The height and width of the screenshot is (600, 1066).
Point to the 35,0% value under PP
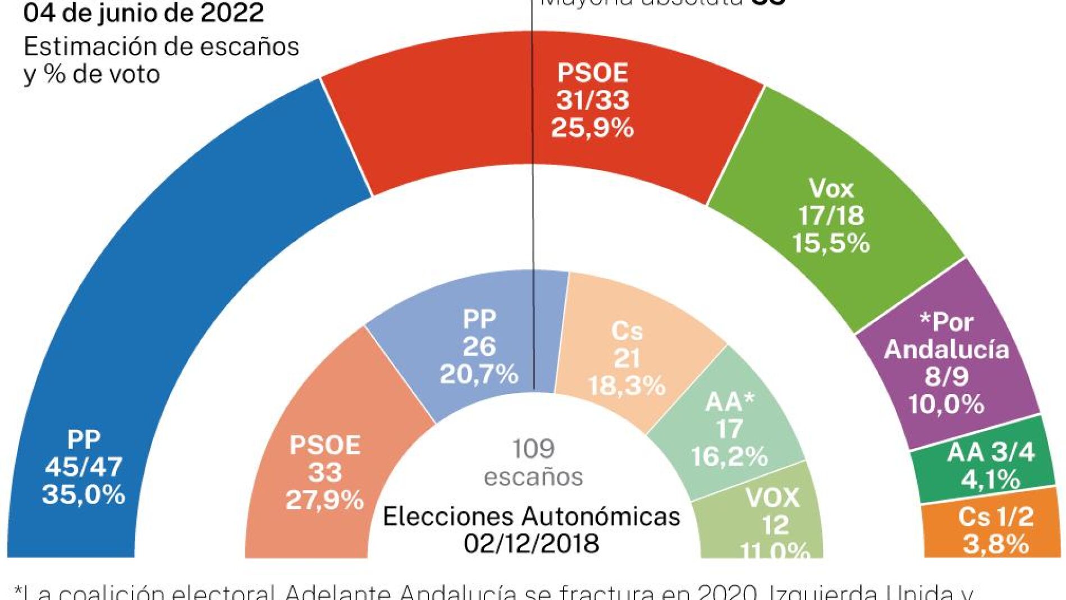click(x=84, y=494)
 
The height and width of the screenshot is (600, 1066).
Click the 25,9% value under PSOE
click(x=592, y=128)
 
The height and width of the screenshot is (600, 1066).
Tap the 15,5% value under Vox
click(x=831, y=243)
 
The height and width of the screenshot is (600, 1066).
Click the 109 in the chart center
click(x=533, y=448)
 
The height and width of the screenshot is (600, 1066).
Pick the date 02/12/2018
click(x=531, y=543)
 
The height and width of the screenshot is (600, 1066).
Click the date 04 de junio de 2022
click(x=144, y=13)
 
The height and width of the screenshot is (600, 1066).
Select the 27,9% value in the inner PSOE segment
click(x=324, y=500)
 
